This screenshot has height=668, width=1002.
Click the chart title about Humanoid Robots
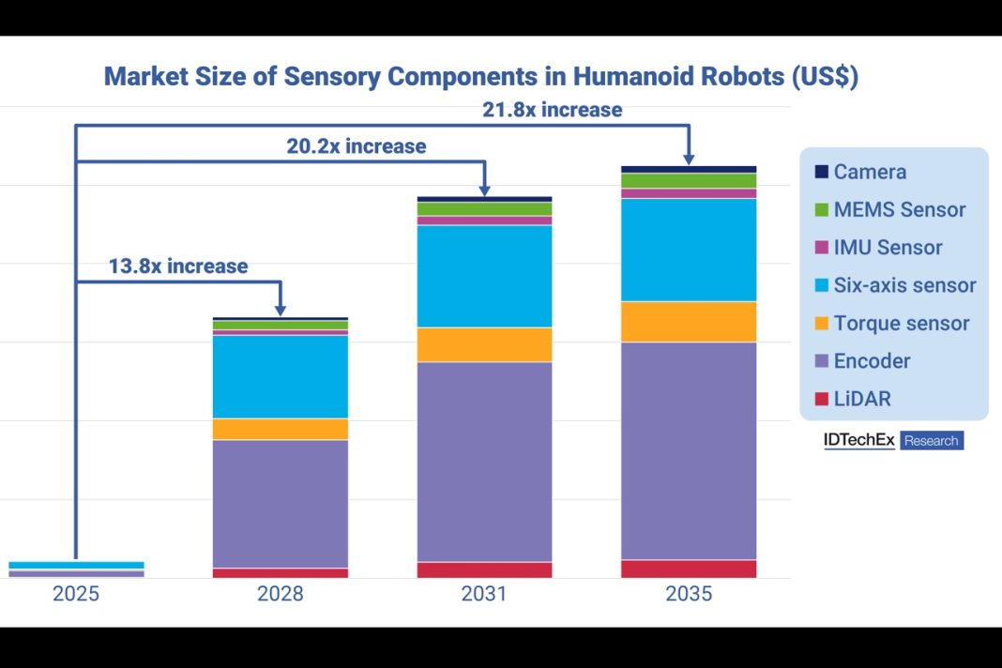tap(480, 77)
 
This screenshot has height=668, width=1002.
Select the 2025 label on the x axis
tap(76, 594)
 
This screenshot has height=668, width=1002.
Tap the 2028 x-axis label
tap(280, 594)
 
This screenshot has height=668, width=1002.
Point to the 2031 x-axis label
tap(484, 594)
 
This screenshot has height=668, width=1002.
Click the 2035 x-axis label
tap(689, 594)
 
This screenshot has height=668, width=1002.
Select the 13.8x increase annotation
tap(178, 266)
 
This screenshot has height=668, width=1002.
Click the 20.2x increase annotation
tap(356, 146)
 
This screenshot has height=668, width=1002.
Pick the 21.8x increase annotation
tap(552, 110)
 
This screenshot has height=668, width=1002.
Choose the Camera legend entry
tap(869, 172)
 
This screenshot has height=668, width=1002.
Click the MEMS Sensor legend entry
tap(898, 210)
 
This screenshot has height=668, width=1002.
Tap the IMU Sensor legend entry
tap(887, 248)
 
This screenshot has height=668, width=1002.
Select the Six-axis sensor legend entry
tap(903, 285)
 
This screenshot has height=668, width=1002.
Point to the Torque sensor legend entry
tap(901, 324)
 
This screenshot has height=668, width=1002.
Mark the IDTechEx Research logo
tap(893, 440)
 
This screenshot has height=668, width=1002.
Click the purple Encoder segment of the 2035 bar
tap(689, 450)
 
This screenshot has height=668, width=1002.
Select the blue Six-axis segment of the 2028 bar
tap(280, 376)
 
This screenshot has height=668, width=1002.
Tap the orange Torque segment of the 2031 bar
tap(484, 344)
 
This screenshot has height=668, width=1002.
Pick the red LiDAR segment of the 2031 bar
tap(484, 569)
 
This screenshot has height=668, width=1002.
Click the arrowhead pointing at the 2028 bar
tap(280, 310)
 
